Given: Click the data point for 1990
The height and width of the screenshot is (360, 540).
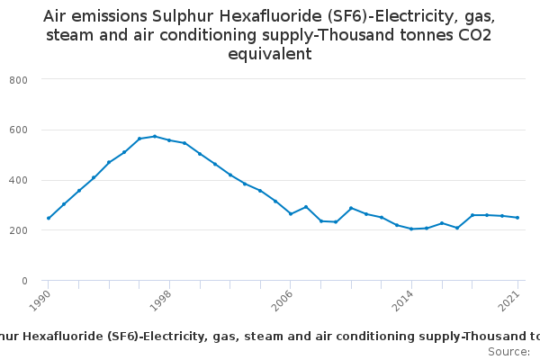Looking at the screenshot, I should pyautogui.click(x=49, y=218).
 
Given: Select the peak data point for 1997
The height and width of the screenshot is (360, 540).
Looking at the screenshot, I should pyautogui.click(x=155, y=137).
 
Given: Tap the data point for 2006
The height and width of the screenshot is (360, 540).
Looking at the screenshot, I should pyautogui.click(x=291, y=213).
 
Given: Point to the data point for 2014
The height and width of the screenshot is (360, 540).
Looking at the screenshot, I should pyautogui.click(x=411, y=229).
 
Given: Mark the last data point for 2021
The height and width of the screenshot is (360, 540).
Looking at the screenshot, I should pyautogui.click(x=517, y=218).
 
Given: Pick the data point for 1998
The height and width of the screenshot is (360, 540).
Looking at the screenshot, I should pyautogui.click(x=169, y=140).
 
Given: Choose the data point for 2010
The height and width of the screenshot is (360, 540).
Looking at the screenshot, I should pyautogui.click(x=351, y=208).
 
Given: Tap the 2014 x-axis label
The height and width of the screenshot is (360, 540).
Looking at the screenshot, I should pyautogui.click(x=405, y=299).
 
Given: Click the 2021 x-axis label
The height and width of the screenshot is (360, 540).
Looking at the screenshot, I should pyautogui.click(x=511, y=299).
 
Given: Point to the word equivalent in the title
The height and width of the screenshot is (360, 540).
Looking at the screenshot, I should pyautogui.click(x=269, y=53).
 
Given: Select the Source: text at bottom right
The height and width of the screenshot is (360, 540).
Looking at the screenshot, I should pyautogui.click(x=508, y=351).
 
